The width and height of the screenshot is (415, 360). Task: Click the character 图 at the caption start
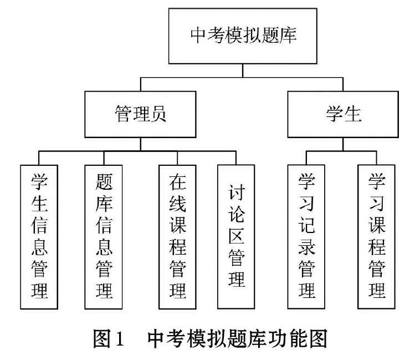coord(102,338)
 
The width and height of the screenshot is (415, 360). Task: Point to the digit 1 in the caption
coord(119,339)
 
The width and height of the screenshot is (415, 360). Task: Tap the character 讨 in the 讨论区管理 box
coord(237,192)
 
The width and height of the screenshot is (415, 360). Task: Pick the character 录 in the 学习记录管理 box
coord(306,246)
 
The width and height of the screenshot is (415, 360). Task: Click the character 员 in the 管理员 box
coord(158,114)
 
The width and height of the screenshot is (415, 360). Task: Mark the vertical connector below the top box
coord(243,71)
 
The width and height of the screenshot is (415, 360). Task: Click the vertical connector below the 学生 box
coord(343,144)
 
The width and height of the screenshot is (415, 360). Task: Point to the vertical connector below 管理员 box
coord(140,144)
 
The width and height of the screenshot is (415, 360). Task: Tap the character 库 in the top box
coord(288,35)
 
